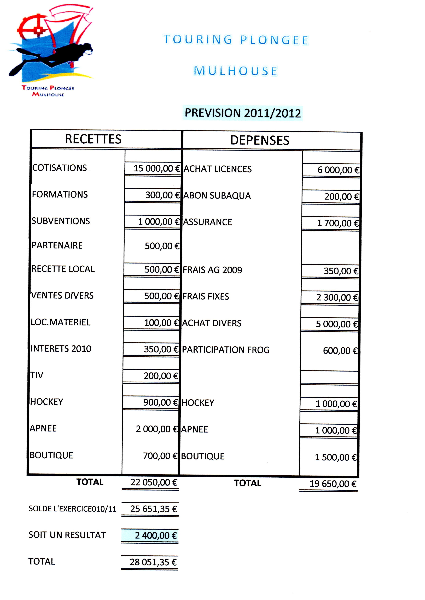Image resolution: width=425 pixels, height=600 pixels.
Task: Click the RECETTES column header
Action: [93, 139]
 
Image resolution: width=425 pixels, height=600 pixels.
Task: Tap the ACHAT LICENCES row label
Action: [217, 169]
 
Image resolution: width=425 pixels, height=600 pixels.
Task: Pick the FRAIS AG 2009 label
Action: [212, 270]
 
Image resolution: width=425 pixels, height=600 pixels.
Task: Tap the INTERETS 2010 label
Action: [61, 349]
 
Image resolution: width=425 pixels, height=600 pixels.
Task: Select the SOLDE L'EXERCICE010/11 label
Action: [72, 509]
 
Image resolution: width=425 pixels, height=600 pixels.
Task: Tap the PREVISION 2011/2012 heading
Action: [243, 113]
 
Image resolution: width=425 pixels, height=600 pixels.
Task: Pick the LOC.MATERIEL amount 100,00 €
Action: [161, 323]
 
